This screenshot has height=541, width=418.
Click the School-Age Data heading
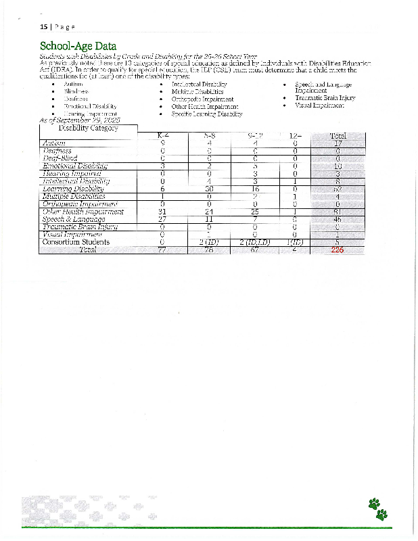(78, 47)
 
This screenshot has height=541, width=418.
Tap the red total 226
(337, 250)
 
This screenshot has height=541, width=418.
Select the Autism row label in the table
(54, 143)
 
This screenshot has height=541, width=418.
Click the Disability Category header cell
(88, 128)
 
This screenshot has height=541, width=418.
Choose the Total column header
(338, 136)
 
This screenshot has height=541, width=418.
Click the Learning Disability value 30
(210, 189)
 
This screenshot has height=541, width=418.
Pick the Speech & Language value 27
(162, 219)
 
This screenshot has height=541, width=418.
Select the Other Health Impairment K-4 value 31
(162, 212)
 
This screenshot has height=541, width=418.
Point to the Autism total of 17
(338, 143)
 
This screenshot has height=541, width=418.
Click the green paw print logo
(378, 508)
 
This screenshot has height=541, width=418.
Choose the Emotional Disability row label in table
(75, 166)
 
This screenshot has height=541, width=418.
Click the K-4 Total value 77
(162, 250)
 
